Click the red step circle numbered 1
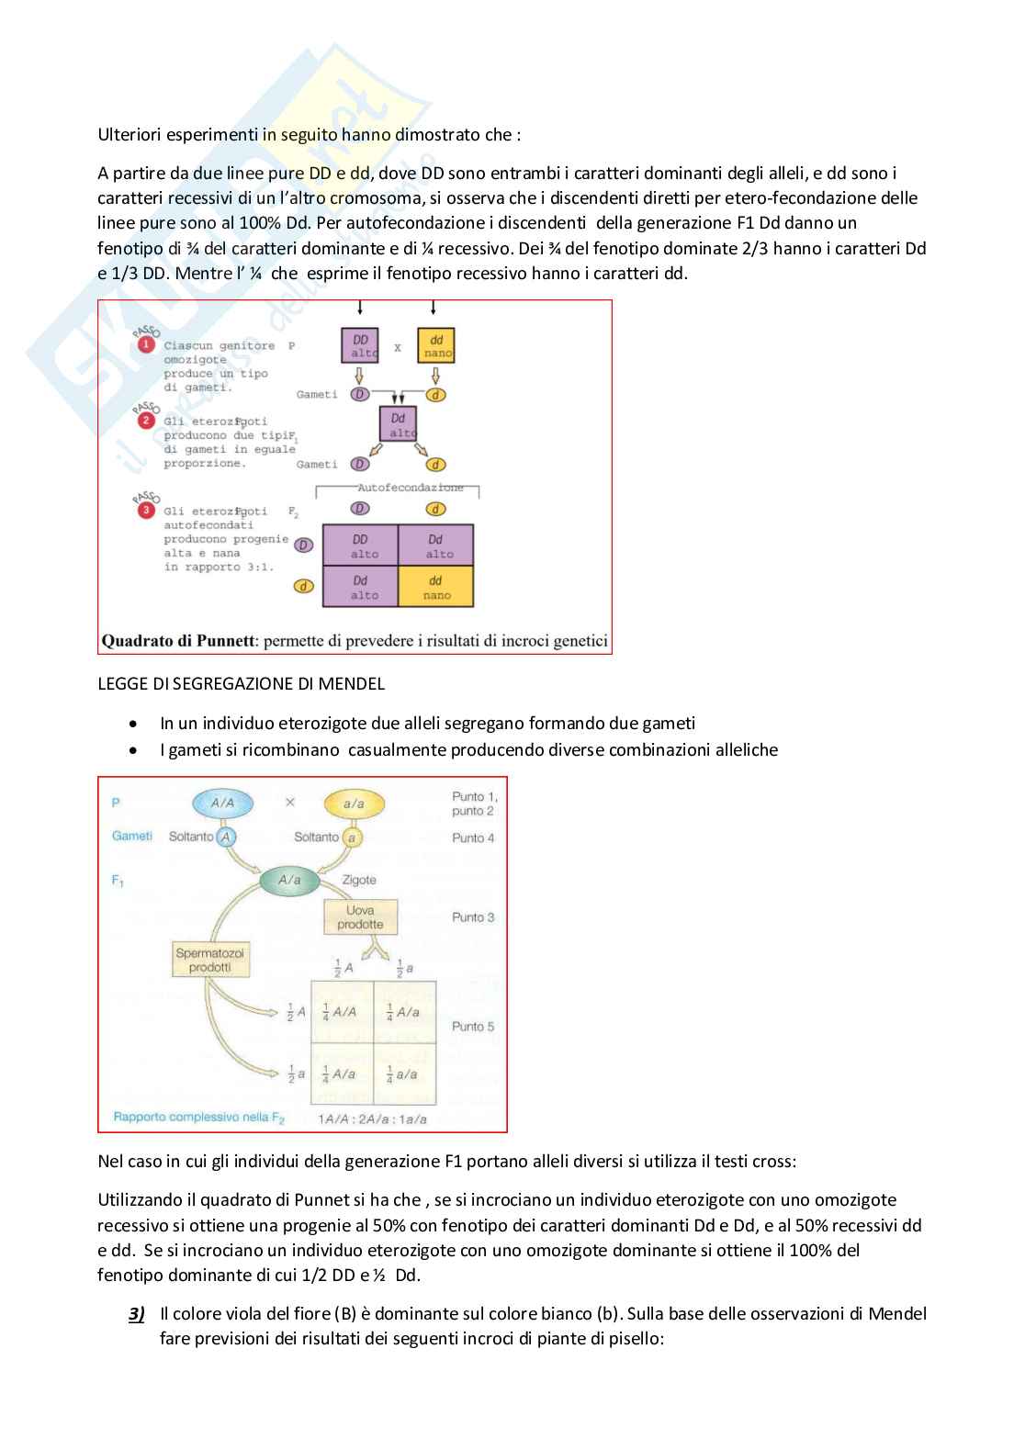[x=146, y=345]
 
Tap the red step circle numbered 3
[x=146, y=510]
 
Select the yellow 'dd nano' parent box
[x=436, y=345]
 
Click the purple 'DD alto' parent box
[x=360, y=345]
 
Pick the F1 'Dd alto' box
[x=398, y=424]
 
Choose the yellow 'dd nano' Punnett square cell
[x=436, y=587]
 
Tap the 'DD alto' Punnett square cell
[x=360, y=545]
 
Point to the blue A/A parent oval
[x=222, y=803]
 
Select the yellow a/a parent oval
[x=354, y=804]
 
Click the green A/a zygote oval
[x=289, y=880]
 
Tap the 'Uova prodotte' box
[x=360, y=917]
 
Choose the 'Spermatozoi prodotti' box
[x=210, y=960]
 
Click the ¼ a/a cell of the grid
[x=404, y=1073]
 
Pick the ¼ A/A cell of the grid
[x=342, y=1012]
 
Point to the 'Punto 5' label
[x=473, y=1027]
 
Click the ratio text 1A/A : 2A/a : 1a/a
[x=372, y=1118]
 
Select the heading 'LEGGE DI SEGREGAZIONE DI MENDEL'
[x=242, y=684]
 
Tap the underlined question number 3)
[x=137, y=1314]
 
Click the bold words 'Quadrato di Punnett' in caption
[x=177, y=641]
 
